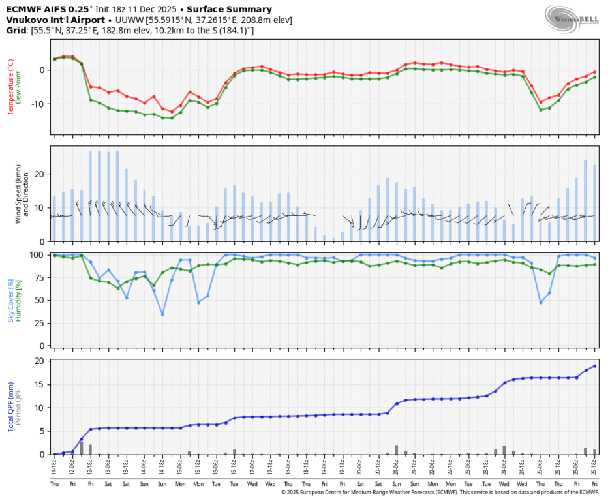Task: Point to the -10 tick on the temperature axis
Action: (38, 104)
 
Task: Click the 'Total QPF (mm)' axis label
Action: (10, 406)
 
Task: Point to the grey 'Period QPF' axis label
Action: (19, 406)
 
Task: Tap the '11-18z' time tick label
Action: (55, 468)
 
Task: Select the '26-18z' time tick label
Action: (594, 468)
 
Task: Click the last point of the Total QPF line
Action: (594, 366)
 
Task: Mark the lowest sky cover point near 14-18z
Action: (162, 314)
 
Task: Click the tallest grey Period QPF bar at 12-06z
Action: (82, 448)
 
